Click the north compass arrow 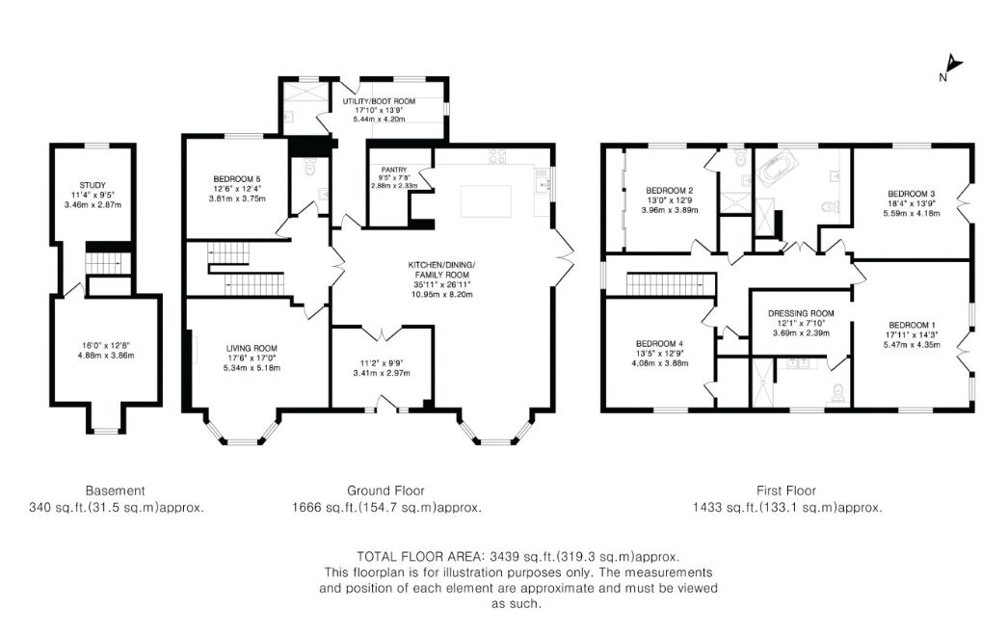click(x=954, y=66)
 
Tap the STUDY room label click(x=93, y=185)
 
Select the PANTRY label click(x=394, y=170)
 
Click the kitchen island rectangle click(x=486, y=200)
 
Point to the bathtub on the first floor click(x=780, y=171)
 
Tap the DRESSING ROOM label click(x=801, y=313)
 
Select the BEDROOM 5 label click(x=237, y=179)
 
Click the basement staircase click(x=104, y=262)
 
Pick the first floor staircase click(x=671, y=282)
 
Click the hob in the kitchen click(x=497, y=156)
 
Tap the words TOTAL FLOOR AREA click(x=421, y=556)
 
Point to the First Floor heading click(x=786, y=491)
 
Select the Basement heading click(x=115, y=491)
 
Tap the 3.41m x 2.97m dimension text click(x=381, y=373)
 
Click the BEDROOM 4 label click(x=659, y=344)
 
